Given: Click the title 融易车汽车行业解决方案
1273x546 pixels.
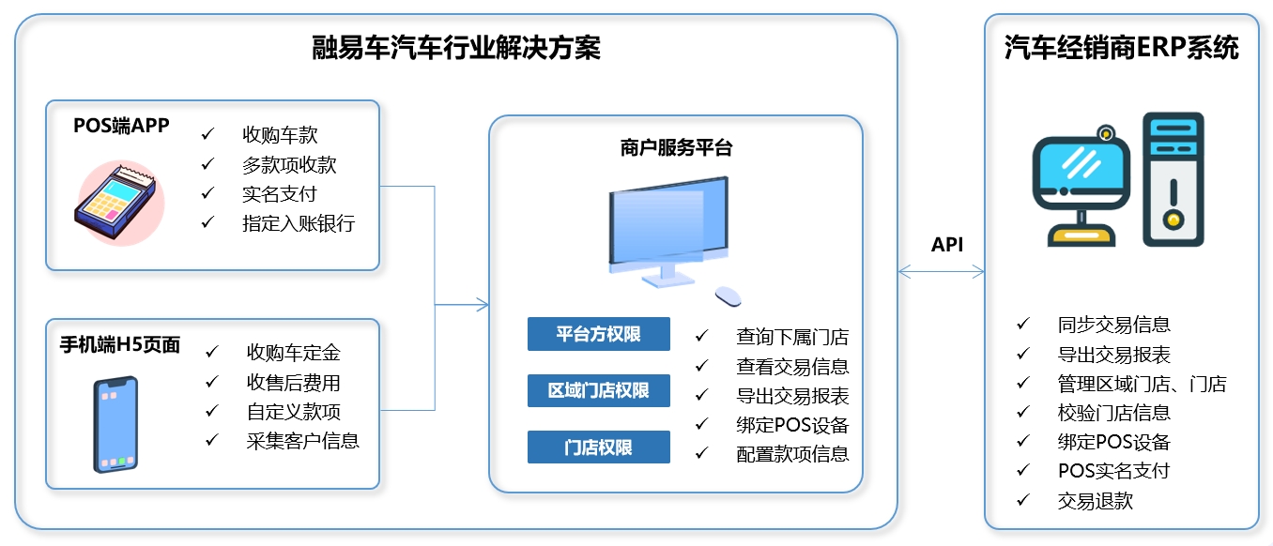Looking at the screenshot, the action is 455,48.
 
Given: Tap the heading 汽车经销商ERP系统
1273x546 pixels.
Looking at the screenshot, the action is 1121,48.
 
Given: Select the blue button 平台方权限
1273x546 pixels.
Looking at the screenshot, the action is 598,334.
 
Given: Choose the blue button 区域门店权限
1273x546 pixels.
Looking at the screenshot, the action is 598,390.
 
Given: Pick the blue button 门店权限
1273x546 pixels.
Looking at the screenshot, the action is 598,447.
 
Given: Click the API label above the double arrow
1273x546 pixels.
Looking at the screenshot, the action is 947,244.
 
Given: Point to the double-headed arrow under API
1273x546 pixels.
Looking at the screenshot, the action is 941,271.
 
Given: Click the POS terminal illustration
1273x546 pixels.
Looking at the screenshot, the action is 118,203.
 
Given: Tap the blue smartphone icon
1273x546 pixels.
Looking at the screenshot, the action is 115,424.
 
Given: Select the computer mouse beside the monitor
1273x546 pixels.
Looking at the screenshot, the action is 728,296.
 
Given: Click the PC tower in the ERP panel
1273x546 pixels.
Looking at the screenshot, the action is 1173,179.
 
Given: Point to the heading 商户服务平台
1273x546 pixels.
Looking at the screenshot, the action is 676,147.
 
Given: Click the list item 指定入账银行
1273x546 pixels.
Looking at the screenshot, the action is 299,223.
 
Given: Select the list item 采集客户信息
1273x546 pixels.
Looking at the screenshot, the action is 303,441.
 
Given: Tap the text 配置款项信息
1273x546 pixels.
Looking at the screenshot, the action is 792,454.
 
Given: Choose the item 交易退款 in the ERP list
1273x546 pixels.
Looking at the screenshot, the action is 1096,501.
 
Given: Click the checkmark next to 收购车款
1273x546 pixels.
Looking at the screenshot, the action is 208,134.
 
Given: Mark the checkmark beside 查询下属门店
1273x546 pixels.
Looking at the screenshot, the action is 702,336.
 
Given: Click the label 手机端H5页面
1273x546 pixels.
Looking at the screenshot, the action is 120,345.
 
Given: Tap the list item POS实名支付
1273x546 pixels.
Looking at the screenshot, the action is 1113,471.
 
